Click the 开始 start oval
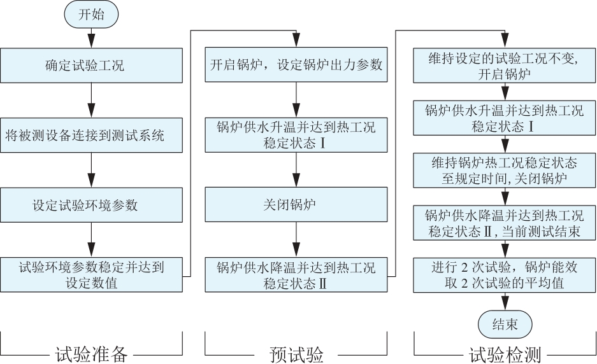[91, 15]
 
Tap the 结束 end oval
[505, 325]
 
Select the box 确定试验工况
[91, 66]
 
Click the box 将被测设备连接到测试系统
[91, 136]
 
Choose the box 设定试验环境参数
[91, 206]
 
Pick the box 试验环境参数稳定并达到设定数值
[91, 275]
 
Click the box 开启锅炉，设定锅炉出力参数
[296, 65]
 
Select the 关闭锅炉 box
[296, 205]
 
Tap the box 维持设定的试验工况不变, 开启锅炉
[505, 66]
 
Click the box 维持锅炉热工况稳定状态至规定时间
[505, 171]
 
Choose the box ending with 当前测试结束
[505, 223]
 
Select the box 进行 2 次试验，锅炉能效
[505, 276]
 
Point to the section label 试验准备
[91, 354]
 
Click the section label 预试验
[296, 354]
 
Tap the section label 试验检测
[505, 354]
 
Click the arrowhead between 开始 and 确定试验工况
[91, 41]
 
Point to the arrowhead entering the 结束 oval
[505, 304]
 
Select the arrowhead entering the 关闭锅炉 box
[296, 180]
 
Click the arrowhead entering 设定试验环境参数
[91, 181]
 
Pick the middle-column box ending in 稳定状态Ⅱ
[296, 275]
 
